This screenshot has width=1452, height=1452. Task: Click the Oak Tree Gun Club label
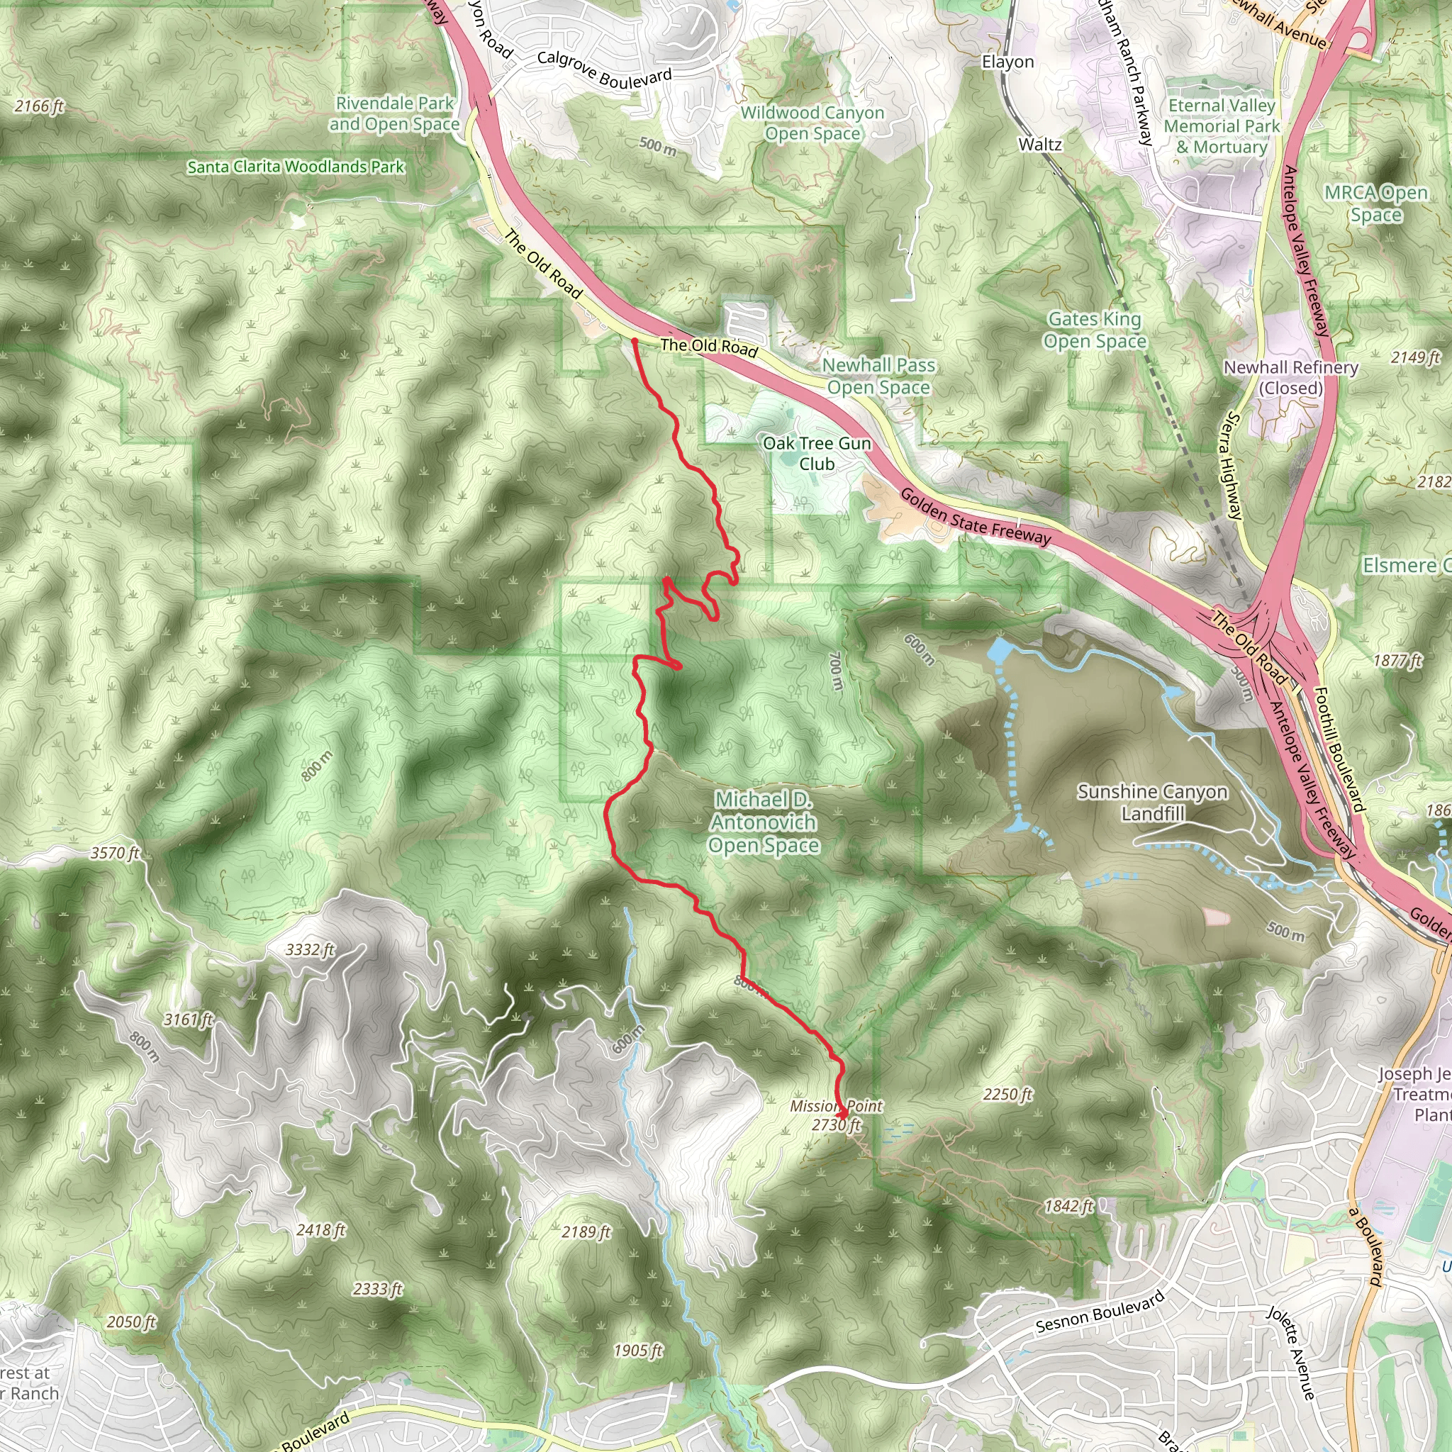[x=817, y=453]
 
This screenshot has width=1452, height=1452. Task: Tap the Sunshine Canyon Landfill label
[x=1152, y=802]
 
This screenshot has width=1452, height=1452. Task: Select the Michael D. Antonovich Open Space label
[x=764, y=822]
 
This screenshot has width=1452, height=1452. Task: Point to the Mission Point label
[x=836, y=1105]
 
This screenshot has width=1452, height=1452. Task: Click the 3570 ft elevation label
[x=115, y=853]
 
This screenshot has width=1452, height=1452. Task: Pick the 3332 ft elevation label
[x=310, y=950]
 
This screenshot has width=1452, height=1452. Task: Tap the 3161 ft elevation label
[x=189, y=1020]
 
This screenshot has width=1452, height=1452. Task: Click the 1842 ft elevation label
[x=1068, y=1206]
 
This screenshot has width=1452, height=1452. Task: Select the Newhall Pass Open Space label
[x=878, y=376]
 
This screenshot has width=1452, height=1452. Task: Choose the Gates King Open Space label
[x=1095, y=330]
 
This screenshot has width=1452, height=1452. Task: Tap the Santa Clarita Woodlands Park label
[x=296, y=167]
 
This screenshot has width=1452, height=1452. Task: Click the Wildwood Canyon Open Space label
[x=812, y=123]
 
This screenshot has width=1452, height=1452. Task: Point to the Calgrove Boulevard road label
[x=604, y=69]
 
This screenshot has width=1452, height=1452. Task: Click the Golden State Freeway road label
[x=975, y=515]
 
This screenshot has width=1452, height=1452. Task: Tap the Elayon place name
[x=1008, y=62]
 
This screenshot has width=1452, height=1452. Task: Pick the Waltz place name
[x=1040, y=145]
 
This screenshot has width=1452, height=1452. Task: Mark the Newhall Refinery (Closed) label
[x=1290, y=377]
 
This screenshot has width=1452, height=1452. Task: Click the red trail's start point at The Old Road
[x=635, y=342]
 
